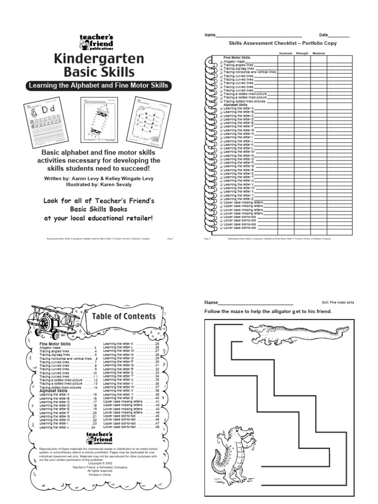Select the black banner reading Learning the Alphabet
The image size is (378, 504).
coord(99,86)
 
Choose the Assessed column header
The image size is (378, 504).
coord(285,53)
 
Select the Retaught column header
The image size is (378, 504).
coord(302,53)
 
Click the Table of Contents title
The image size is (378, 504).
coord(124,316)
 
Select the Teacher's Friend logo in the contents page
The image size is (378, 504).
coord(100,438)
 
